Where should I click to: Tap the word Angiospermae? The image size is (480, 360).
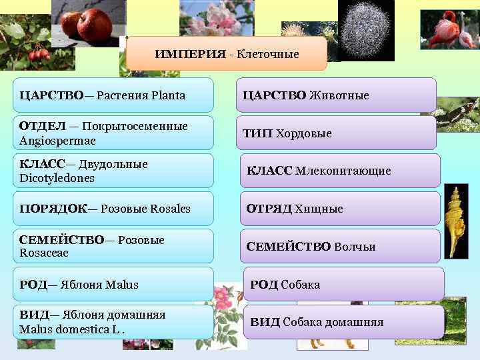[x=57, y=141]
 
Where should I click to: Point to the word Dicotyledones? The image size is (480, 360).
[x=57, y=179]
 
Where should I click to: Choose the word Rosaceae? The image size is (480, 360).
[x=44, y=253]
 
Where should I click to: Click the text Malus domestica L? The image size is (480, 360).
[x=72, y=329]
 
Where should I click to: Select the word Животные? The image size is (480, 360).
[x=339, y=95]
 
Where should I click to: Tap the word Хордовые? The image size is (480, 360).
[x=304, y=133]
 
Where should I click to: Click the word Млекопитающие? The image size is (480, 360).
[x=343, y=171]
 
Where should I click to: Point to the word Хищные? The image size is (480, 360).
[x=319, y=209]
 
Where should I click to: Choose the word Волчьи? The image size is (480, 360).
[x=355, y=247]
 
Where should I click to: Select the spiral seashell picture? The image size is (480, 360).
[x=456, y=220]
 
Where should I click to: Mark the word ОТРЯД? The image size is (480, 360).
[x=269, y=209]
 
